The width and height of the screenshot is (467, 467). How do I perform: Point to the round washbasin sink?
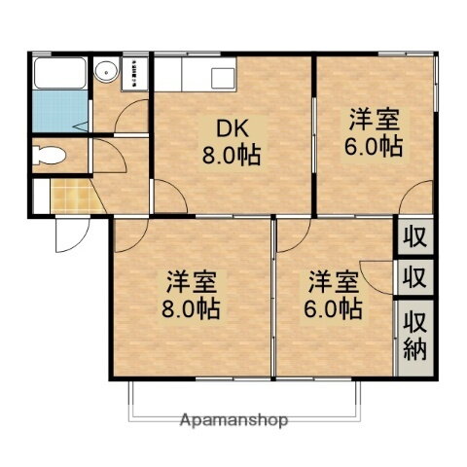[105, 69]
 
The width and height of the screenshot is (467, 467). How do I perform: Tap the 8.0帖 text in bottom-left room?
[191, 309]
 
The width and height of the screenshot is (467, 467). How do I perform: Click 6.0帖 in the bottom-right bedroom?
[336, 309]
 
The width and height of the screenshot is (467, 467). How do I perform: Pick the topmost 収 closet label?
[414, 235]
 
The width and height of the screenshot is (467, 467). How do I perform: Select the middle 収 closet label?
[414, 275]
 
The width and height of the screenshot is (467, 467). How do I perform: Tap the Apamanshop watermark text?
[233, 421]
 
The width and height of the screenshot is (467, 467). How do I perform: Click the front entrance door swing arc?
[70, 233]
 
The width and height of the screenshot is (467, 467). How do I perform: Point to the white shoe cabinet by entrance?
[39, 194]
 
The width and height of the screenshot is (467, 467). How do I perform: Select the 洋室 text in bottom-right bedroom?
[336, 283]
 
